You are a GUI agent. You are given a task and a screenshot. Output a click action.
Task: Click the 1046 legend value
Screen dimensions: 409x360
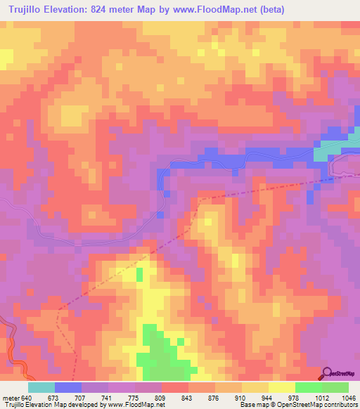[348, 397]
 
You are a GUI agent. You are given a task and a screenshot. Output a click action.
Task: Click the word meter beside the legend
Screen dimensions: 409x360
[10, 397]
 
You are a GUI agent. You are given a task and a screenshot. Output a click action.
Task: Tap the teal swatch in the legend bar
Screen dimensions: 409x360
[41, 387]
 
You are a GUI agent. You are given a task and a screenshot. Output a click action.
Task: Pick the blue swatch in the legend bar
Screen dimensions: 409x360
[68, 387]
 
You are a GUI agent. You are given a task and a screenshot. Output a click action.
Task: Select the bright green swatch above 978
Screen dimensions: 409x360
[309, 387]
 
